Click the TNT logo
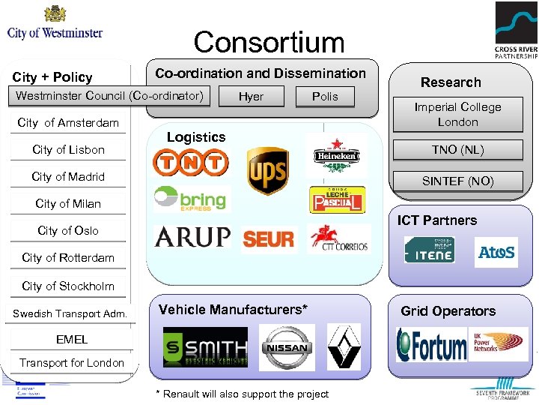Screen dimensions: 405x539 [190, 162]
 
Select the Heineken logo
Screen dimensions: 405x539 [336, 156]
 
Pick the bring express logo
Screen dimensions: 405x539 [190, 199]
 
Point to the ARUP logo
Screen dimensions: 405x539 [192, 237]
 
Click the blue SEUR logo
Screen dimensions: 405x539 [269, 239]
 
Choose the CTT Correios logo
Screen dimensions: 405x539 [338, 238]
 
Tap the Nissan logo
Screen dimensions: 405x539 [287, 347]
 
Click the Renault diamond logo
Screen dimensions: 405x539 [344, 346]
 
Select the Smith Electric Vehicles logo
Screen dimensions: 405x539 [204, 347]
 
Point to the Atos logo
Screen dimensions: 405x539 [496, 253]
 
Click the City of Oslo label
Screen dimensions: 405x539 [68, 230]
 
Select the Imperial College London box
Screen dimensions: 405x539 [457, 114]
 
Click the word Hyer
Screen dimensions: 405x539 [251, 96]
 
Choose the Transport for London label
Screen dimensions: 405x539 [72, 363]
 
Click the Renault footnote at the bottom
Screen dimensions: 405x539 [241, 394]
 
